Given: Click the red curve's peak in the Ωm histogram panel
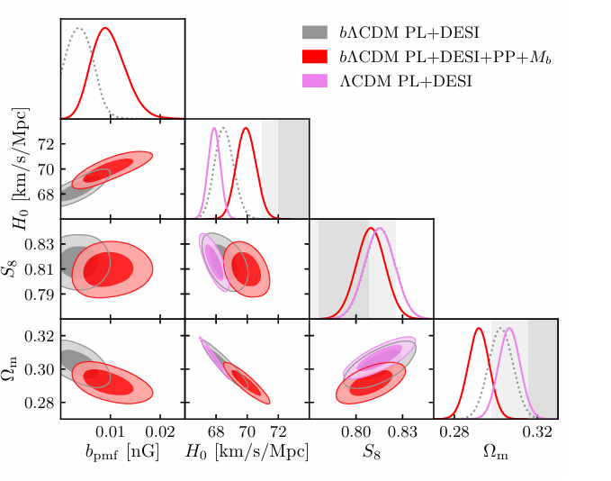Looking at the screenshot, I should [x=479, y=328].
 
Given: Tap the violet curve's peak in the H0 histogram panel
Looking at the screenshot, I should [x=214, y=128].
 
